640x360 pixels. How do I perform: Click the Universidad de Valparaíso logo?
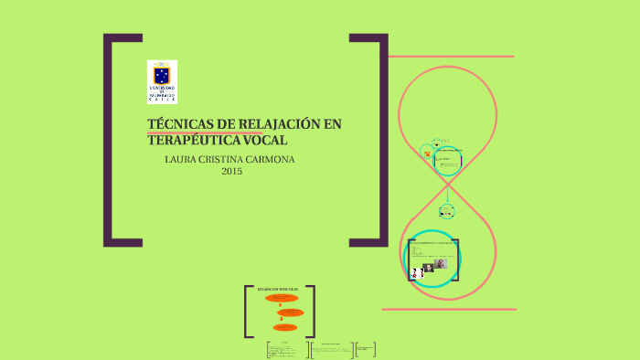coord(162,81)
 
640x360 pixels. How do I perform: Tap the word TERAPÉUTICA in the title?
coord(189,140)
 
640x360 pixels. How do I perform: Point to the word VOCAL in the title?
coord(264,140)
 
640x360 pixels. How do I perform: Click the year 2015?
coord(231,171)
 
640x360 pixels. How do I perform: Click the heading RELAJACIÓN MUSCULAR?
coord(279,289)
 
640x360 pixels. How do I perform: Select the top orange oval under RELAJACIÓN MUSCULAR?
coord(282,298)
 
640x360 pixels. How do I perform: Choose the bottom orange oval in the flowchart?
coord(284,326)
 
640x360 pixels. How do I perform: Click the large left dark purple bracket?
coord(112,141)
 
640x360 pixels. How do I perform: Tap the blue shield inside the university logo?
coord(162,74)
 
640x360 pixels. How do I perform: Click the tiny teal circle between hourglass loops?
coord(446,211)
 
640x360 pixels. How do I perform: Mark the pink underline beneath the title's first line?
coord(205,133)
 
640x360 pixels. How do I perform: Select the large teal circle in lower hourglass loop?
coord(431,259)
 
